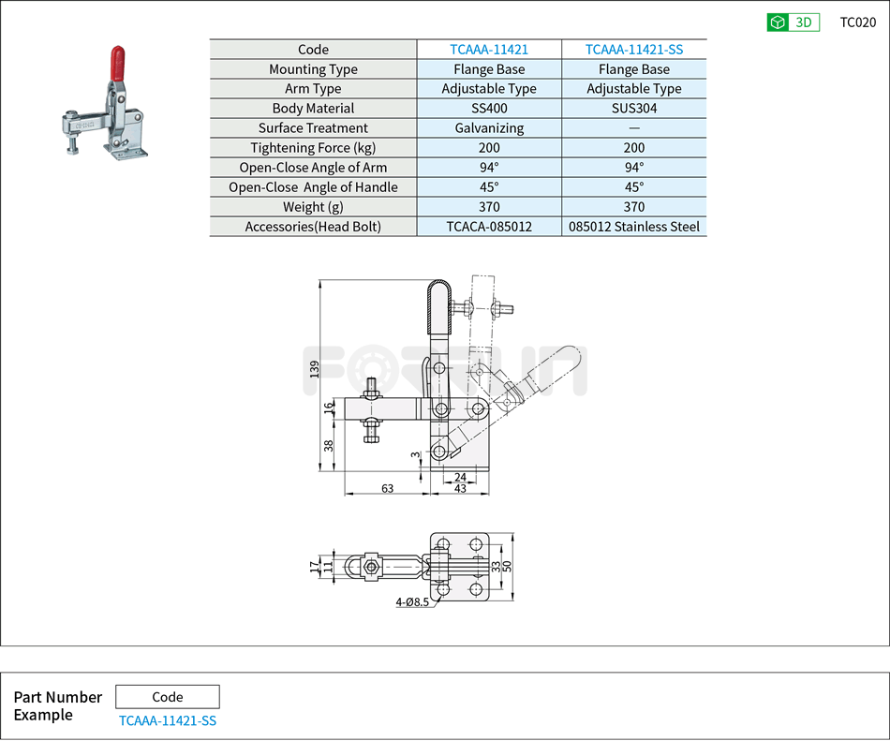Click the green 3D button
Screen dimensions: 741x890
(x=793, y=22)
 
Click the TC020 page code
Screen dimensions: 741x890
(x=857, y=22)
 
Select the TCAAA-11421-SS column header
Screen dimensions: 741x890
(x=634, y=50)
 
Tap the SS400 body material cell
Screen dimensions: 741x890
(x=489, y=109)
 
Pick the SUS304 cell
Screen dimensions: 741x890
(x=634, y=109)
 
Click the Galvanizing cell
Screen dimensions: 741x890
(x=489, y=128)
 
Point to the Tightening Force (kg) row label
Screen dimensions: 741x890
(x=313, y=148)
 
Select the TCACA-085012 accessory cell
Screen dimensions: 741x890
(x=489, y=227)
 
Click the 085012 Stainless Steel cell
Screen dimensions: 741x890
(x=634, y=227)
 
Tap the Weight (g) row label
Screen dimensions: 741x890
(x=313, y=207)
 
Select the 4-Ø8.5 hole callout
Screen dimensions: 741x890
(x=412, y=602)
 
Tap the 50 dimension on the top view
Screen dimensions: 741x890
(x=507, y=566)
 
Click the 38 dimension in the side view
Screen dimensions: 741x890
(x=329, y=446)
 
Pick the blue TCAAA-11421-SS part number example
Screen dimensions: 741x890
(x=168, y=720)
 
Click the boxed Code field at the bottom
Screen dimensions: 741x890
(x=168, y=697)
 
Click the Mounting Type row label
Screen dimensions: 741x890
(x=313, y=69)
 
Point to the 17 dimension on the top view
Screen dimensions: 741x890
(x=314, y=566)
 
